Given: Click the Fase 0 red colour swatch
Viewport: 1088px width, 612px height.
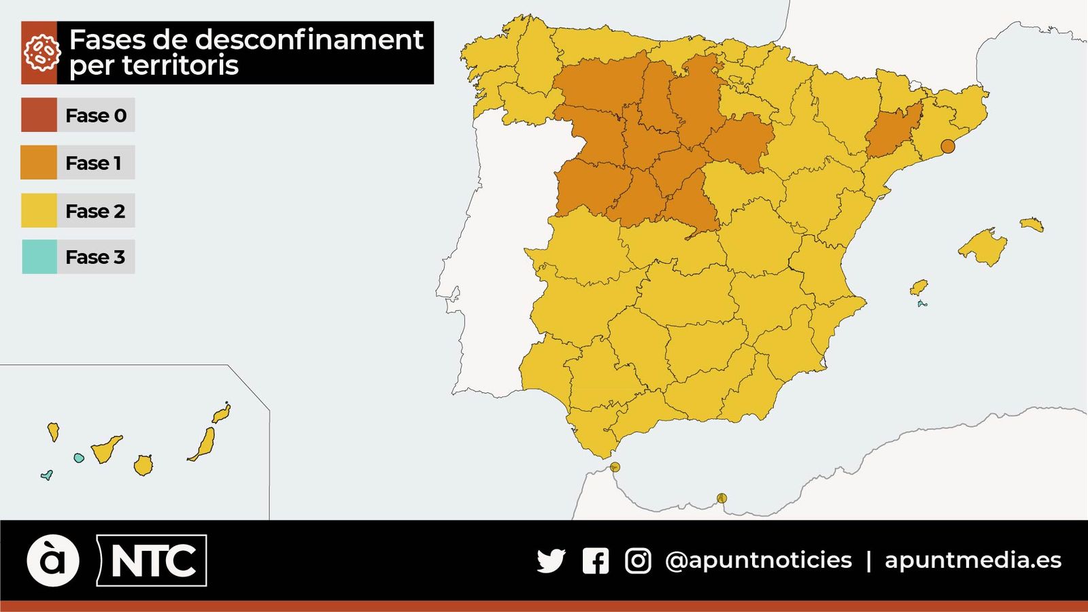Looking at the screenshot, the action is click(39, 115).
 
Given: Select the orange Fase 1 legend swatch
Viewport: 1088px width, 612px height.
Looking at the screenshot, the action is click(39, 163).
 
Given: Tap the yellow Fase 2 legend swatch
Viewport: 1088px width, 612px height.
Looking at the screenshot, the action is click(39, 210).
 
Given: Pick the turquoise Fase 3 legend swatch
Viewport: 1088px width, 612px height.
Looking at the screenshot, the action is click(39, 257).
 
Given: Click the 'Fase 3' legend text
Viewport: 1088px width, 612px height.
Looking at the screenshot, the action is click(95, 257).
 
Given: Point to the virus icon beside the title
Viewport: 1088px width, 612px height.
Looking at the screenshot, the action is click(39, 53).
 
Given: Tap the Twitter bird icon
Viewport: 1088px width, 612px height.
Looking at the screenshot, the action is click(551, 561).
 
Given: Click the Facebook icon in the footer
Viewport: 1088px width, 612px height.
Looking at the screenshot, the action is click(596, 561).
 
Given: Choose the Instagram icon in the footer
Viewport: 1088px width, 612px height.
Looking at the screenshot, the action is click(638, 561).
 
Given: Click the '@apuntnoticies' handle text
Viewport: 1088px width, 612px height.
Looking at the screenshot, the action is click(758, 560).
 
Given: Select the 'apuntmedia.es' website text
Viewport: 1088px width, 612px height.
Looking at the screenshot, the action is click(972, 560).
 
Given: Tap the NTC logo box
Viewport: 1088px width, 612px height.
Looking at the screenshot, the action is click(152, 561).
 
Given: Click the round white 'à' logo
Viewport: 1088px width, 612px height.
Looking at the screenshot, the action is click(53, 561).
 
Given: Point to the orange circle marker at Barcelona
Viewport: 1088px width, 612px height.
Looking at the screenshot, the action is click(947, 146).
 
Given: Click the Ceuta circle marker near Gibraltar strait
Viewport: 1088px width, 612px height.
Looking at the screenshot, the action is click(615, 467).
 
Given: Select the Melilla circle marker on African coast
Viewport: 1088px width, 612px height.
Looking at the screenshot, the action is click(721, 498).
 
